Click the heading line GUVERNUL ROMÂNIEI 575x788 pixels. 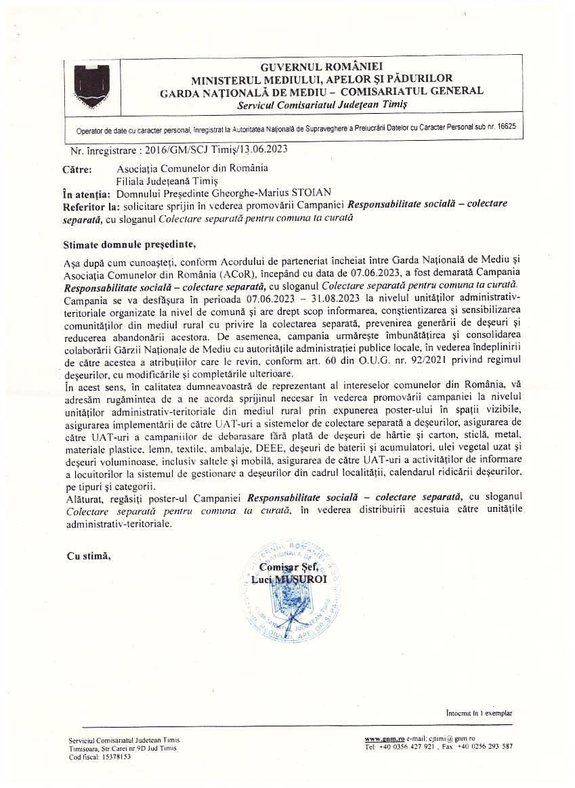[x=321, y=66]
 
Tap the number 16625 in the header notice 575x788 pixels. [x=505, y=127]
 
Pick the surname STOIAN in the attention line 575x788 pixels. [x=312, y=192]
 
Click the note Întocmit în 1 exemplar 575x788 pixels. [x=480, y=713]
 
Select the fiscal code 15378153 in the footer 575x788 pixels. [x=116, y=757]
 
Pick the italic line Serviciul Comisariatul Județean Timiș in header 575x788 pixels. [x=322, y=105]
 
